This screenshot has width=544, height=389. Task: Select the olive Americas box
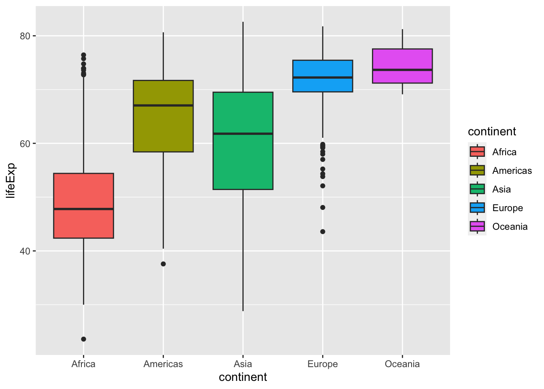(163, 126)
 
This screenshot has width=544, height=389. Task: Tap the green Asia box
(243, 162)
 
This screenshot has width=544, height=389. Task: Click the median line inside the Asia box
(243, 133)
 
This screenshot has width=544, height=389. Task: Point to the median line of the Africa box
(83, 209)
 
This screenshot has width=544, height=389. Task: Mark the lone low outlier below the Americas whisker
(163, 264)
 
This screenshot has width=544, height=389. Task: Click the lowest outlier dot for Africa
(83, 339)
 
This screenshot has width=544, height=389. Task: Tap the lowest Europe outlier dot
(323, 231)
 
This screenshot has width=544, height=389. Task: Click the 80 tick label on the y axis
(25, 36)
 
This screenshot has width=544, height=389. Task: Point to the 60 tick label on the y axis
(25, 143)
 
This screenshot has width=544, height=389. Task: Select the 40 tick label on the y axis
(25, 251)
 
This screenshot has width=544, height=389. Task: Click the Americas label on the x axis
(163, 364)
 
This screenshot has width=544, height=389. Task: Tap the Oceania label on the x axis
(402, 364)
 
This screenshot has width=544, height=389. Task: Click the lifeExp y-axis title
(11, 180)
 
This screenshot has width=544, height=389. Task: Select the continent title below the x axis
(243, 377)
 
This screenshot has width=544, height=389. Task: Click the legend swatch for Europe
(477, 208)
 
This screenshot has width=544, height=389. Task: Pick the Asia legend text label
(501, 189)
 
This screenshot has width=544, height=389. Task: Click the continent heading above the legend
(492, 131)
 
